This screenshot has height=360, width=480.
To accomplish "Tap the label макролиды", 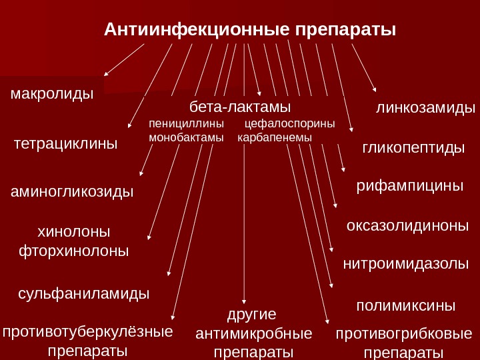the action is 52,94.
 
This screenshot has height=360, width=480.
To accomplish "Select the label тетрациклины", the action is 65,143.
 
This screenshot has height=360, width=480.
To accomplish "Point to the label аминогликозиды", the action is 73,192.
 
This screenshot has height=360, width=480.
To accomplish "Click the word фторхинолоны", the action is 74,252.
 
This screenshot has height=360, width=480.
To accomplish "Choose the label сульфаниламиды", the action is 83,293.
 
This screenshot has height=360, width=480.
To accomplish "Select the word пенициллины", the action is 187,124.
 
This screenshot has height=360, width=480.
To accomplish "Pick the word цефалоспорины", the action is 290,124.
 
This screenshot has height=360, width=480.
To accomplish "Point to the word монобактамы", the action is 186,137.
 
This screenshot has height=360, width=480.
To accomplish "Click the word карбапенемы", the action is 275,137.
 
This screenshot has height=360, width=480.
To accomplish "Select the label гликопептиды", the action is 413,147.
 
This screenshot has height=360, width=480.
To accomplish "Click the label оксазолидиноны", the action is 408,226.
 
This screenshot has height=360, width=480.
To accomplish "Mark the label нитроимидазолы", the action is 406,264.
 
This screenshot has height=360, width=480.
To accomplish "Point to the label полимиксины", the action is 405,305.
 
